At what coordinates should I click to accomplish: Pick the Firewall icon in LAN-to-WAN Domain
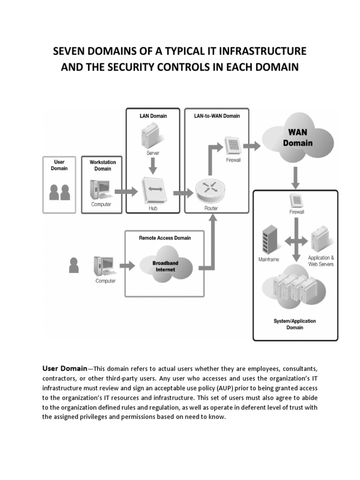coord(232,145)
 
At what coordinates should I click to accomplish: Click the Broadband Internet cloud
coord(165,267)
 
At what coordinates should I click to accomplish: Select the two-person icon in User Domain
coord(60,192)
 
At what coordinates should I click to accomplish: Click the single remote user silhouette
coord(74,265)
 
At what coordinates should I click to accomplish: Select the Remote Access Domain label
coord(165,238)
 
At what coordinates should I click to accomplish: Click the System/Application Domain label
coord(294,324)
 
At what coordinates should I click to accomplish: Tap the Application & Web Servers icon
coord(320,240)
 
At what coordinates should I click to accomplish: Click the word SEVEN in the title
coord(70,51)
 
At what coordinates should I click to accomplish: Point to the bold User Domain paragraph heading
coord(65,368)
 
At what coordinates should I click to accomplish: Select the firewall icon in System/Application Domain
coord(296,199)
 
